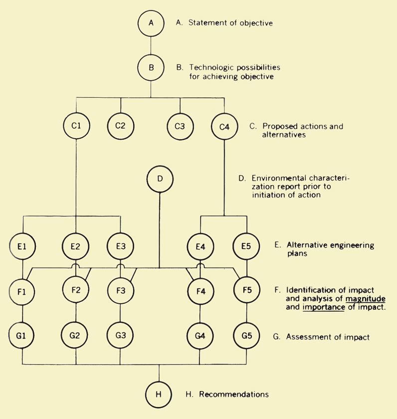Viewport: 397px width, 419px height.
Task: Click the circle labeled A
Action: point(151,23)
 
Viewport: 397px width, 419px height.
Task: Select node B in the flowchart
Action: point(151,66)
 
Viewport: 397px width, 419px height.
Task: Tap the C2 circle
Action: point(120,126)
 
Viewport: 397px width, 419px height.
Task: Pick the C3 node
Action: point(180,126)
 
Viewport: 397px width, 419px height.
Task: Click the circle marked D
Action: point(160,178)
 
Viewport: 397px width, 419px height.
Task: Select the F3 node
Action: point(120,290)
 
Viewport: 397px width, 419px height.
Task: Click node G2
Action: point(75,335)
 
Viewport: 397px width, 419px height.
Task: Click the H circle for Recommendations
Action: point(159,394)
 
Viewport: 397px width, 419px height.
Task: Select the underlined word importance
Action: point(324,307)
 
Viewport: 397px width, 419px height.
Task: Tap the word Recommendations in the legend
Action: point(234,394)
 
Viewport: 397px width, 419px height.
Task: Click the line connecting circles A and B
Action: point(151,44)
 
